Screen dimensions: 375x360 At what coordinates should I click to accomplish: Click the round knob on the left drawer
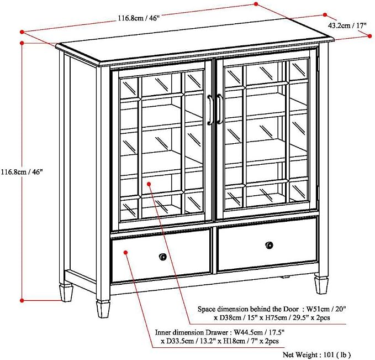(x=162, y=257)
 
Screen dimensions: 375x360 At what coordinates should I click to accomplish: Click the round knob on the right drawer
(x=270, y=245)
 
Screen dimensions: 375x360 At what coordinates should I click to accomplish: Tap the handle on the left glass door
(x=210, y=109)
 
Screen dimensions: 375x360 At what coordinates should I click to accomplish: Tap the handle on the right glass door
(x=220, y=109)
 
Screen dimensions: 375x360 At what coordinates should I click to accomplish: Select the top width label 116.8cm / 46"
(x=138, y=18)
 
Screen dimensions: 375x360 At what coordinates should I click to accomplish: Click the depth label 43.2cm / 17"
(x=347, y=25)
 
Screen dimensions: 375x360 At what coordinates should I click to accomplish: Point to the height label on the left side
(x=22, y=172)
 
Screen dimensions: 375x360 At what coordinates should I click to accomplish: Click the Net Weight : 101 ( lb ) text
(x=316, y=354)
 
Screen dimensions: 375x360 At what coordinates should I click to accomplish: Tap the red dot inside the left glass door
(x=149, y=184)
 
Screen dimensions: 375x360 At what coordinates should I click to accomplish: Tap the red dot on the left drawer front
(x=125, y=252)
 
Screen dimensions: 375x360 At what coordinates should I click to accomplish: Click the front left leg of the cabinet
(x=103, y=309)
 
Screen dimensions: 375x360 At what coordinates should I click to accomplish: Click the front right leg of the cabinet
(x=321, y=285)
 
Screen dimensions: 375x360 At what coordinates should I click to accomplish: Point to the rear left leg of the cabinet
(x=66, y=293)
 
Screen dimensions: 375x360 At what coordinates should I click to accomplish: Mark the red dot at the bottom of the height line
(x=22, y=300)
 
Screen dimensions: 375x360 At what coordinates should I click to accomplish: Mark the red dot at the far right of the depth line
(x=369, y=36)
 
